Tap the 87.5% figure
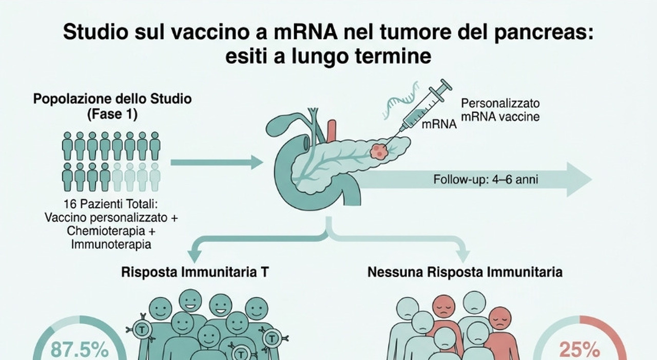coord(80,350)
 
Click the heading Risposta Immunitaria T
coord(196,272)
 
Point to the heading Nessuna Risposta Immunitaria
coord(465,272)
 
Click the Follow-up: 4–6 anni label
coord(486,180)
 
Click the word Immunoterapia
coord(111,244)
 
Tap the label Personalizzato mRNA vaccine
coord(500,109)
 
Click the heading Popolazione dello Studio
coord(112,99)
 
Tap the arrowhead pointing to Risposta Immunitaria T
coord(196,254)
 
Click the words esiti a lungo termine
coord(328,56)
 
